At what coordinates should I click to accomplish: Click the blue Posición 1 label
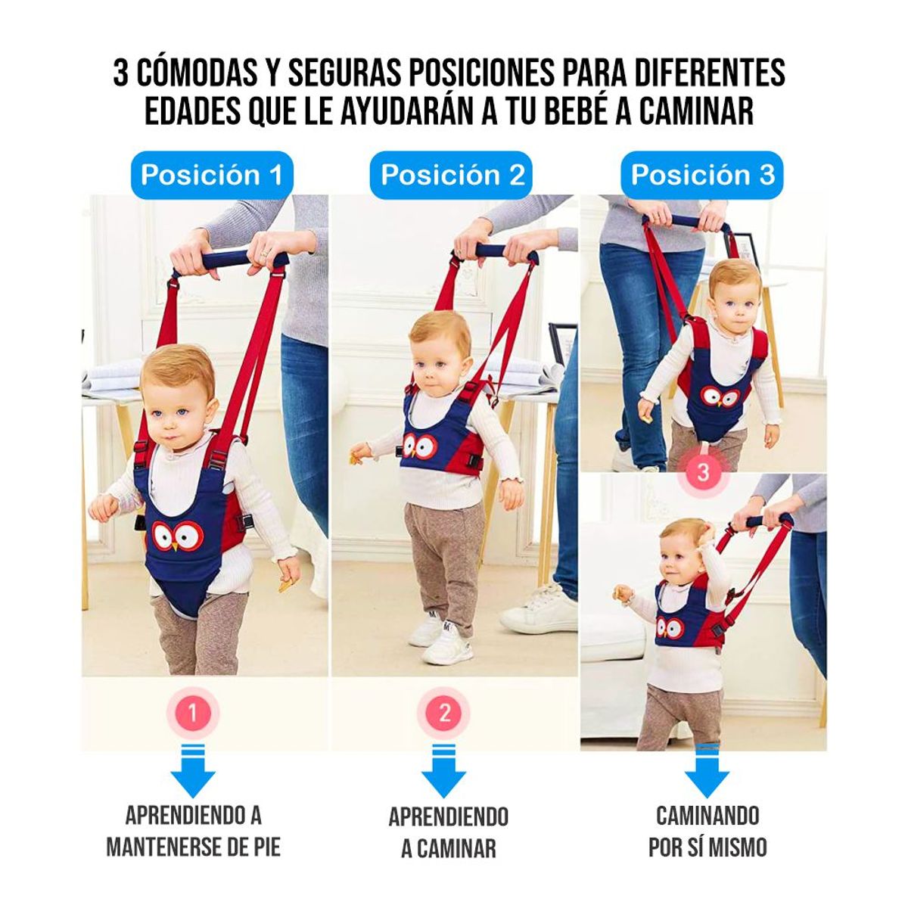coord(211,175)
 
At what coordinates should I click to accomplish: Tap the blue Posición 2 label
coord(452,175)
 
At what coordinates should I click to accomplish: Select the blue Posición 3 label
coord(702,175)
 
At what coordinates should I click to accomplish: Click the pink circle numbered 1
coord(193,713)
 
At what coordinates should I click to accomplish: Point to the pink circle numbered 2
coord(444,713)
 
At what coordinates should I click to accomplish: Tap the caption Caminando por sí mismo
coord(707,831)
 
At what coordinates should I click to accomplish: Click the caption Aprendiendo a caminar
coord(448,832)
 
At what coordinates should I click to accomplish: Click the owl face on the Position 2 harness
coord(418,446)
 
